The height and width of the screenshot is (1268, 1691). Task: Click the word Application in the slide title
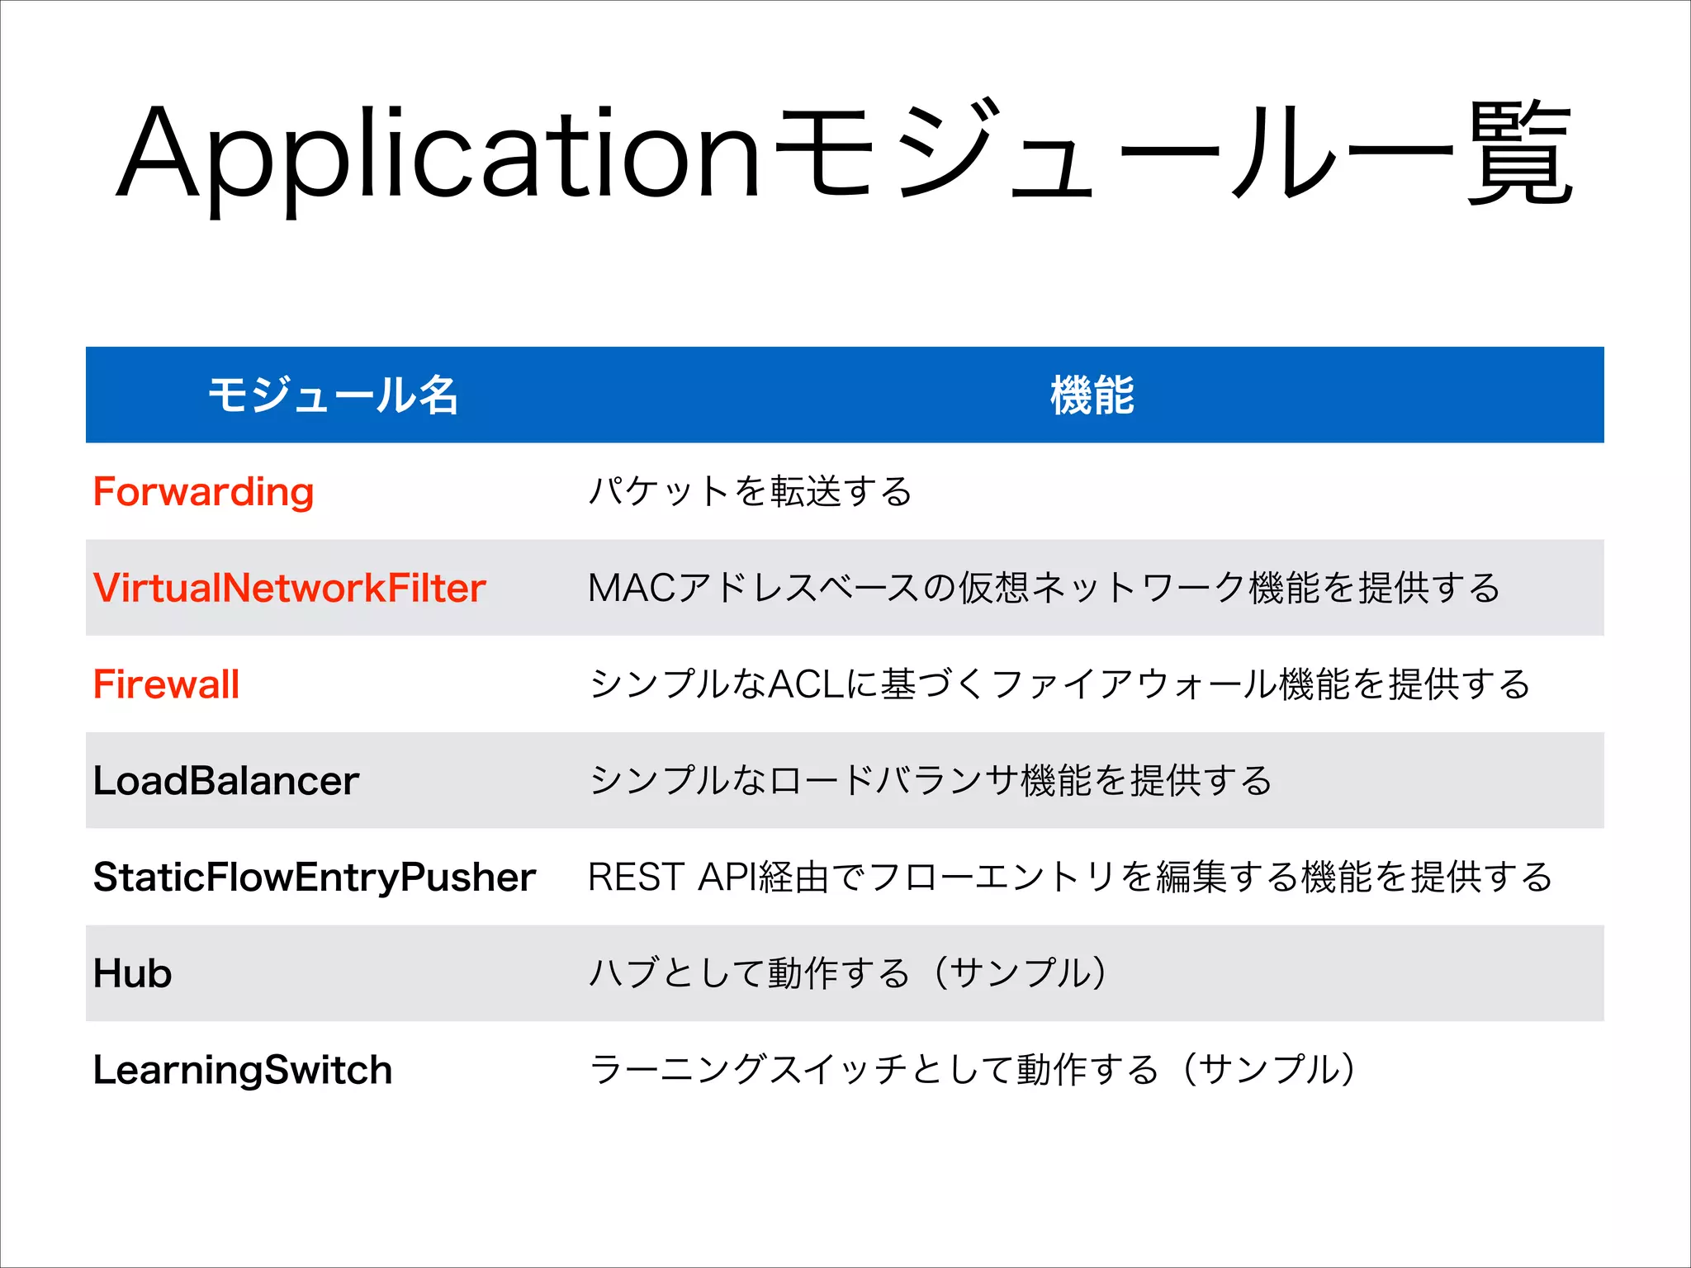click(x=438, y=157)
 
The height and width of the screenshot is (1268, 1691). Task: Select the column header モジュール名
click(x=333, y=395)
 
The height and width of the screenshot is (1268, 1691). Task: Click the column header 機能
click(x=1092, y=395)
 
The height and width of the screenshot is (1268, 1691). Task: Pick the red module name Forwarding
click(x=203, y=492)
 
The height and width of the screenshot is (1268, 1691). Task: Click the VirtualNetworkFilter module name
click(x=289, y=589)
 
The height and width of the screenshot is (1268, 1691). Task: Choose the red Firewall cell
click(x=166, y=684)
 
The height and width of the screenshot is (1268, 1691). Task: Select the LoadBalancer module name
click(x=225, y=781)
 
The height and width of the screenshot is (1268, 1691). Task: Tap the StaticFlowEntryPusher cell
click(x=314, y=877)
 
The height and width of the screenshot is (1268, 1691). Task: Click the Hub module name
click(x=132, y=973)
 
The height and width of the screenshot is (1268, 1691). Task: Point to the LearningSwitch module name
click(x=242, y=1070)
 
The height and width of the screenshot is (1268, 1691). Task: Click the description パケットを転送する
click(x=750, y=492)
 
